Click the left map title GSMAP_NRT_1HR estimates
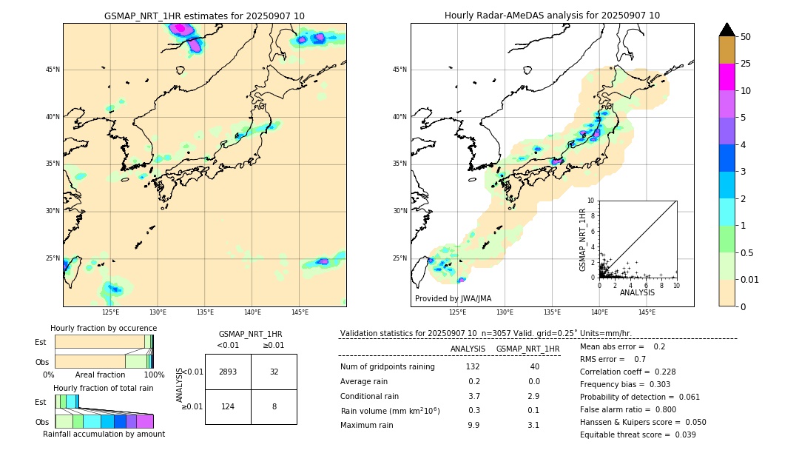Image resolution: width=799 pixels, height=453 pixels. (x=204, y=16)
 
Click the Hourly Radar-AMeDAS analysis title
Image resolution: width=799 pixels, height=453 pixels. (x=552, y=16)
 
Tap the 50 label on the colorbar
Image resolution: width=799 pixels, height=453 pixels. (x=746, y=37)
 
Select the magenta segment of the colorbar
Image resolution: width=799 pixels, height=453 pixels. (x=726, y=77)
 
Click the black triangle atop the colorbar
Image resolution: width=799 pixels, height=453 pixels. (x=726, y=30)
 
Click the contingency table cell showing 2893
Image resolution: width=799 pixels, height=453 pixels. (x=228, y=372)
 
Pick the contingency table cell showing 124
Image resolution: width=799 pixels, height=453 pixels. (x=228, y=406)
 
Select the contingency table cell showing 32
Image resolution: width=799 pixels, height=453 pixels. (x=274, y=372)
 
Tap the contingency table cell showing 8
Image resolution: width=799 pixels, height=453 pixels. (x=274, y=406)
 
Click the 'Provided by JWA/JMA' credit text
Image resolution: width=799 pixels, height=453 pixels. (x=453, y=299)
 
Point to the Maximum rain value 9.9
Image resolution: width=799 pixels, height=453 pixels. (x=473, y=425)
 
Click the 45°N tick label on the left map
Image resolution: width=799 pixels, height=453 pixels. (x=53, y=70)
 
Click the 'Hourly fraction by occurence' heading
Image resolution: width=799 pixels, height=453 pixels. (x=104, y=328)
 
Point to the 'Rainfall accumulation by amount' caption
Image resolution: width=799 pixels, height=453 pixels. (x=104, y=434)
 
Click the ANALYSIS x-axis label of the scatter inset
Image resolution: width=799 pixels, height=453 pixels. (x=637, y=293)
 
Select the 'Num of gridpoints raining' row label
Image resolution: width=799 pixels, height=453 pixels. (x=387, y=367)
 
